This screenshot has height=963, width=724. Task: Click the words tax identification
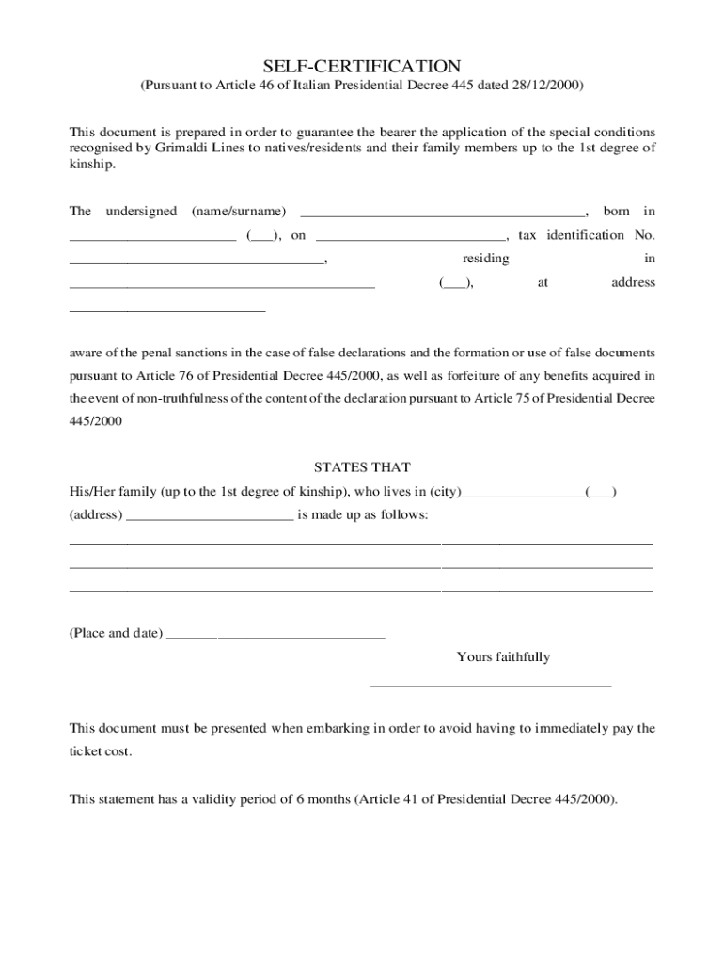click(x=571, y=235)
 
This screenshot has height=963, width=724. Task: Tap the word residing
click(x=486, y=258)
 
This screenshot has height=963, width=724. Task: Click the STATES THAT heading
click(x=362, y=467)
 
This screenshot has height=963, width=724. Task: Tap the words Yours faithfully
click(x=503, y=657)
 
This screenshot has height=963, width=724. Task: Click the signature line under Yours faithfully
click(x=491, y=686)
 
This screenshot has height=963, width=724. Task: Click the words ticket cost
click(x=101, y=752)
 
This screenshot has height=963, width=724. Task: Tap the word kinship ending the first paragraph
click(x=90, y=165)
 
